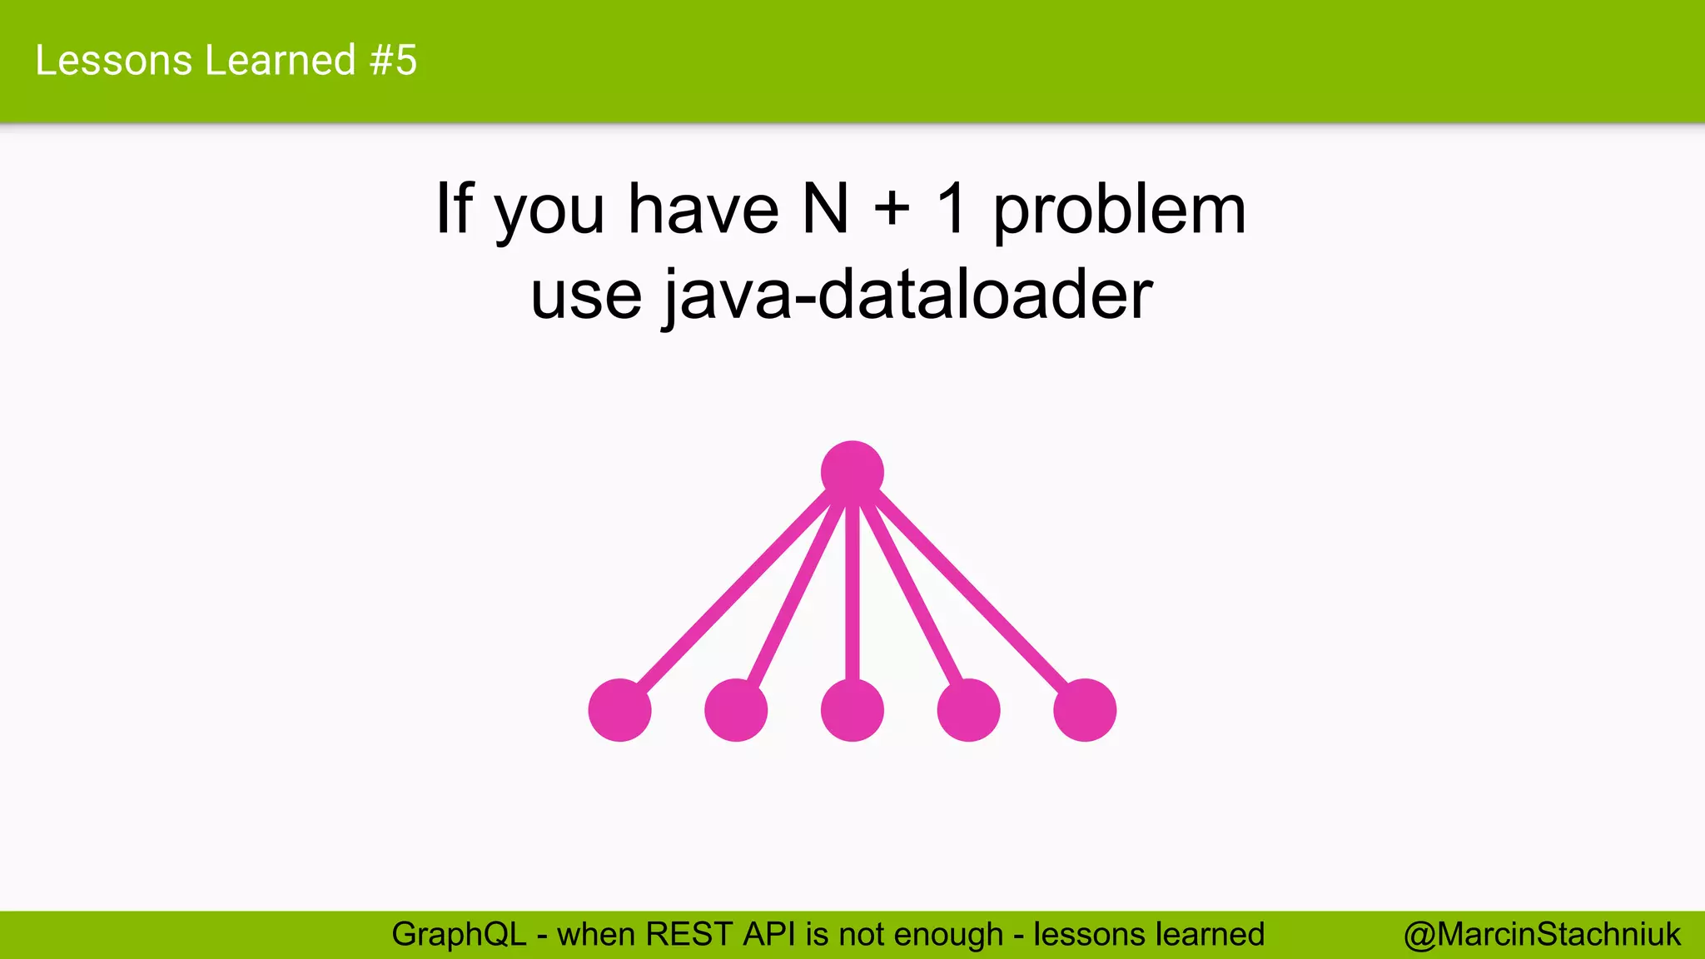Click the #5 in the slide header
(393, 61)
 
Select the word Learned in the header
(281, 61)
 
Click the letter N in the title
(825, 209)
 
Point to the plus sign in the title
(892, 209)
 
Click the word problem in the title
(1120, 211)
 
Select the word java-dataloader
(907, 295)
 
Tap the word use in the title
(586, 296)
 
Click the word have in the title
(703, 209)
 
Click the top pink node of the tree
(852, 472)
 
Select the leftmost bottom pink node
(619, 710)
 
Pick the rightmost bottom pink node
(1085, 710)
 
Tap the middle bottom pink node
(852, 710)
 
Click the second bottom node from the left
(736, 710)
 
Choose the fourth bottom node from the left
(968, 710)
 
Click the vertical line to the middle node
(852, 591)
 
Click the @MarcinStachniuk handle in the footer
(1542, 935)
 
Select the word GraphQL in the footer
(459, 935)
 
